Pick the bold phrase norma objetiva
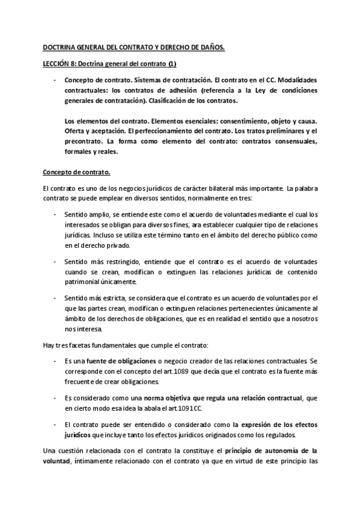point(153,399)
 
